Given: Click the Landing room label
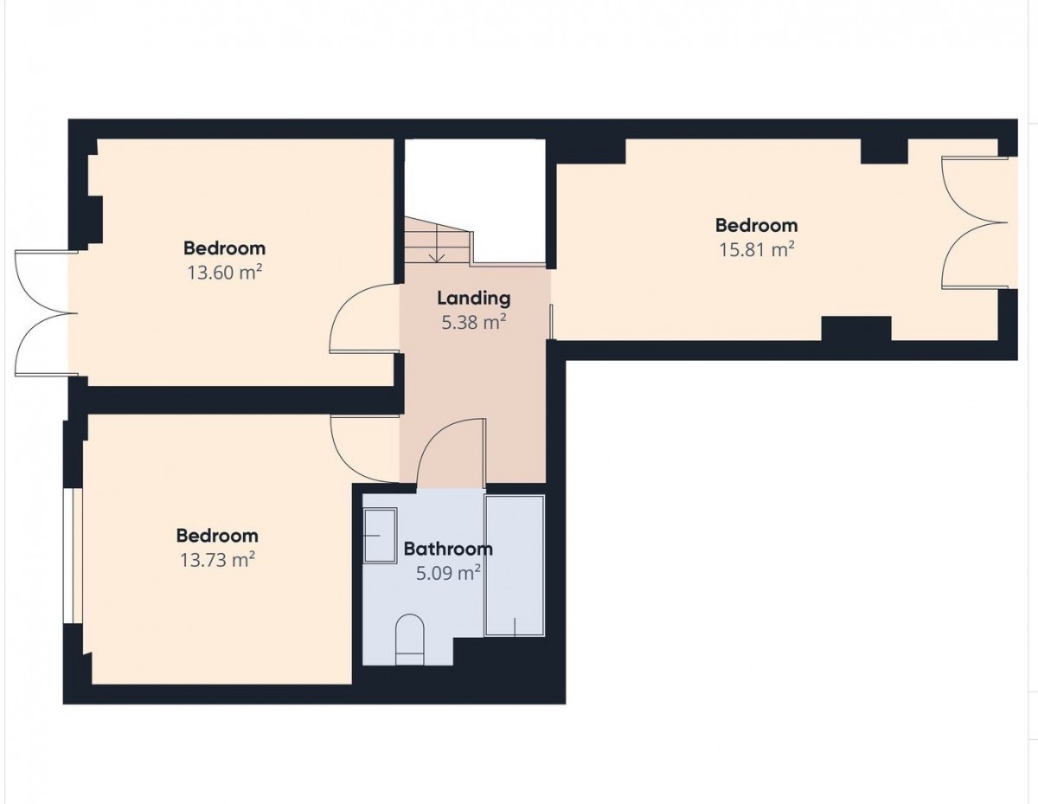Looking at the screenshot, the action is [474, 299].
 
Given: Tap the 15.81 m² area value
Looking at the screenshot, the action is [757, 249].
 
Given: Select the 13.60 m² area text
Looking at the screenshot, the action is [225, 273].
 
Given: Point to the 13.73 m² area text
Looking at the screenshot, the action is [217, 559].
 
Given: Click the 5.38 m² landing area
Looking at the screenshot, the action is [474, 323].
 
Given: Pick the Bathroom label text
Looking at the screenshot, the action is [448, 549].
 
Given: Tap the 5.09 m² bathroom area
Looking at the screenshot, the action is [448, 573].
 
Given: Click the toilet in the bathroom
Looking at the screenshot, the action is [410, 640].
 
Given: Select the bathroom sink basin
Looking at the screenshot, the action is [381, 536].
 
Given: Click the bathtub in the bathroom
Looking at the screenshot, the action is [515, 566].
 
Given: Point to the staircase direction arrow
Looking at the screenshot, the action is [436, 244].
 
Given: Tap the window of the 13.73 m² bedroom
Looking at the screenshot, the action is [73, 556].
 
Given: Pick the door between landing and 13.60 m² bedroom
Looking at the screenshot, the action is [364, 318].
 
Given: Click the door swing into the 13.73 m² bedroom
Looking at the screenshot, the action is [365, 449].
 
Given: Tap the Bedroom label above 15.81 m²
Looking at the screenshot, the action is [757, 226].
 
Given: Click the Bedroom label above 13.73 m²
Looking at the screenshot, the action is [217, 536].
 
